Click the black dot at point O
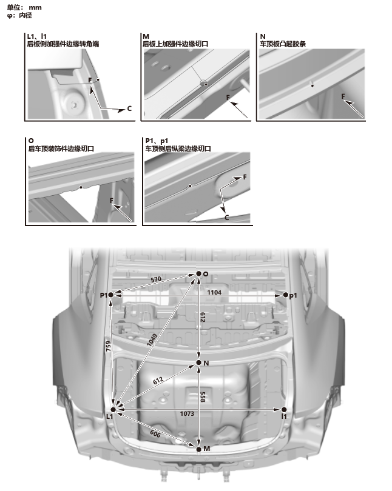pos(198,274)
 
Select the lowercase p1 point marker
pos(286,295)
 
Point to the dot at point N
pos(198,363)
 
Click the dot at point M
pos(198,448)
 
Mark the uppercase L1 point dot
pos(113,410)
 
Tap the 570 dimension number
pos(157,280)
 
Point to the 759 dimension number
pos(107,347)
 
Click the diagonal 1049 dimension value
pos(153,341)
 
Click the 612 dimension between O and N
pos(203,318)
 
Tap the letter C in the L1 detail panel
pos(129,109)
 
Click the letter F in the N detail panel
pos(343,96)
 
